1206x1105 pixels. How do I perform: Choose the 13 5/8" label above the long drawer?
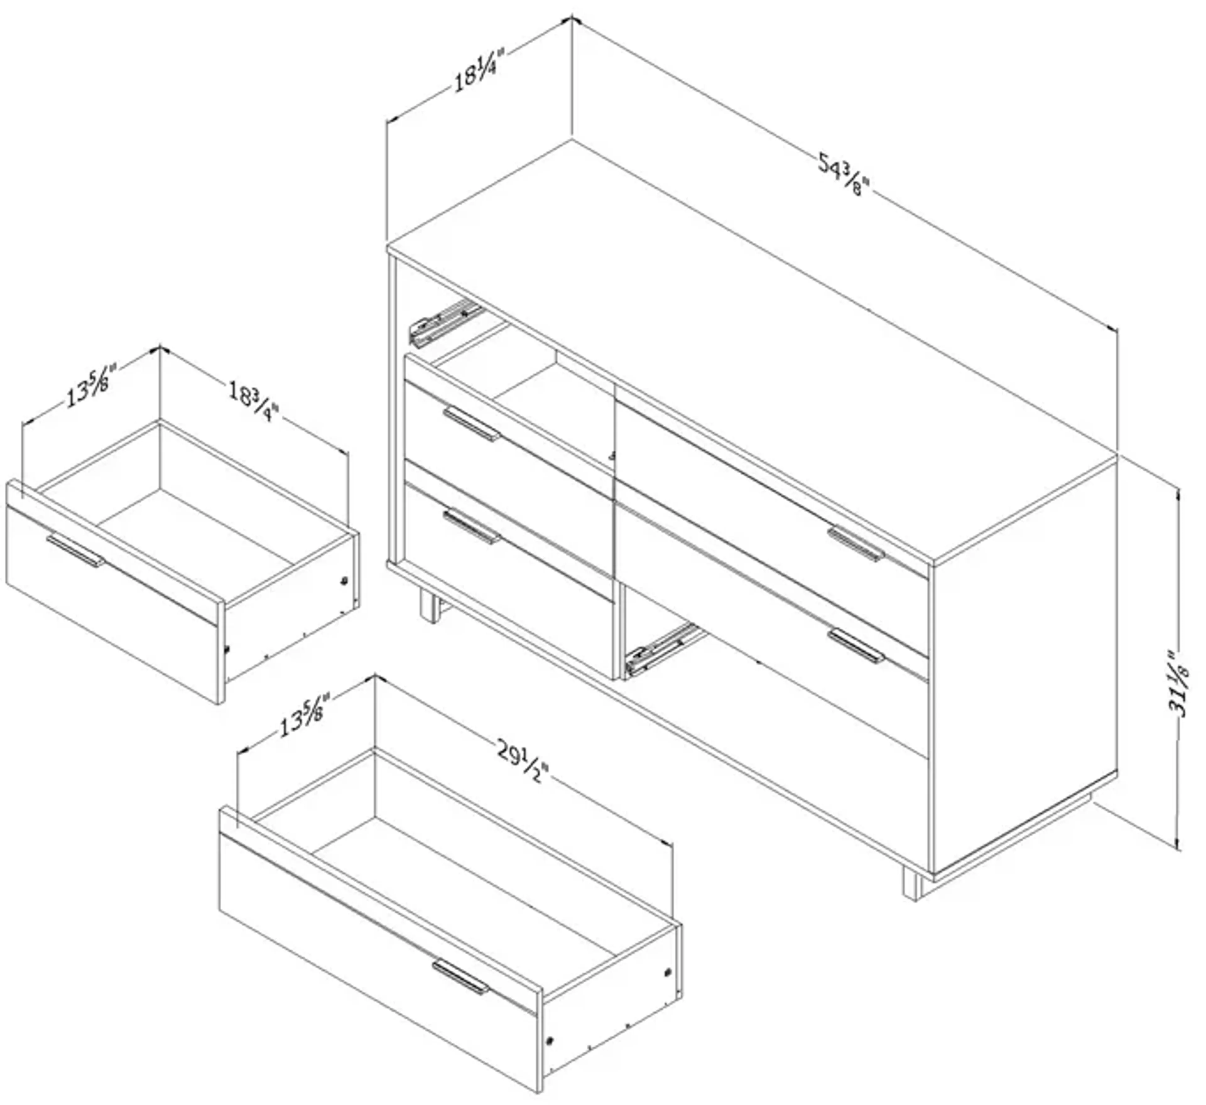coord(304,716)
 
